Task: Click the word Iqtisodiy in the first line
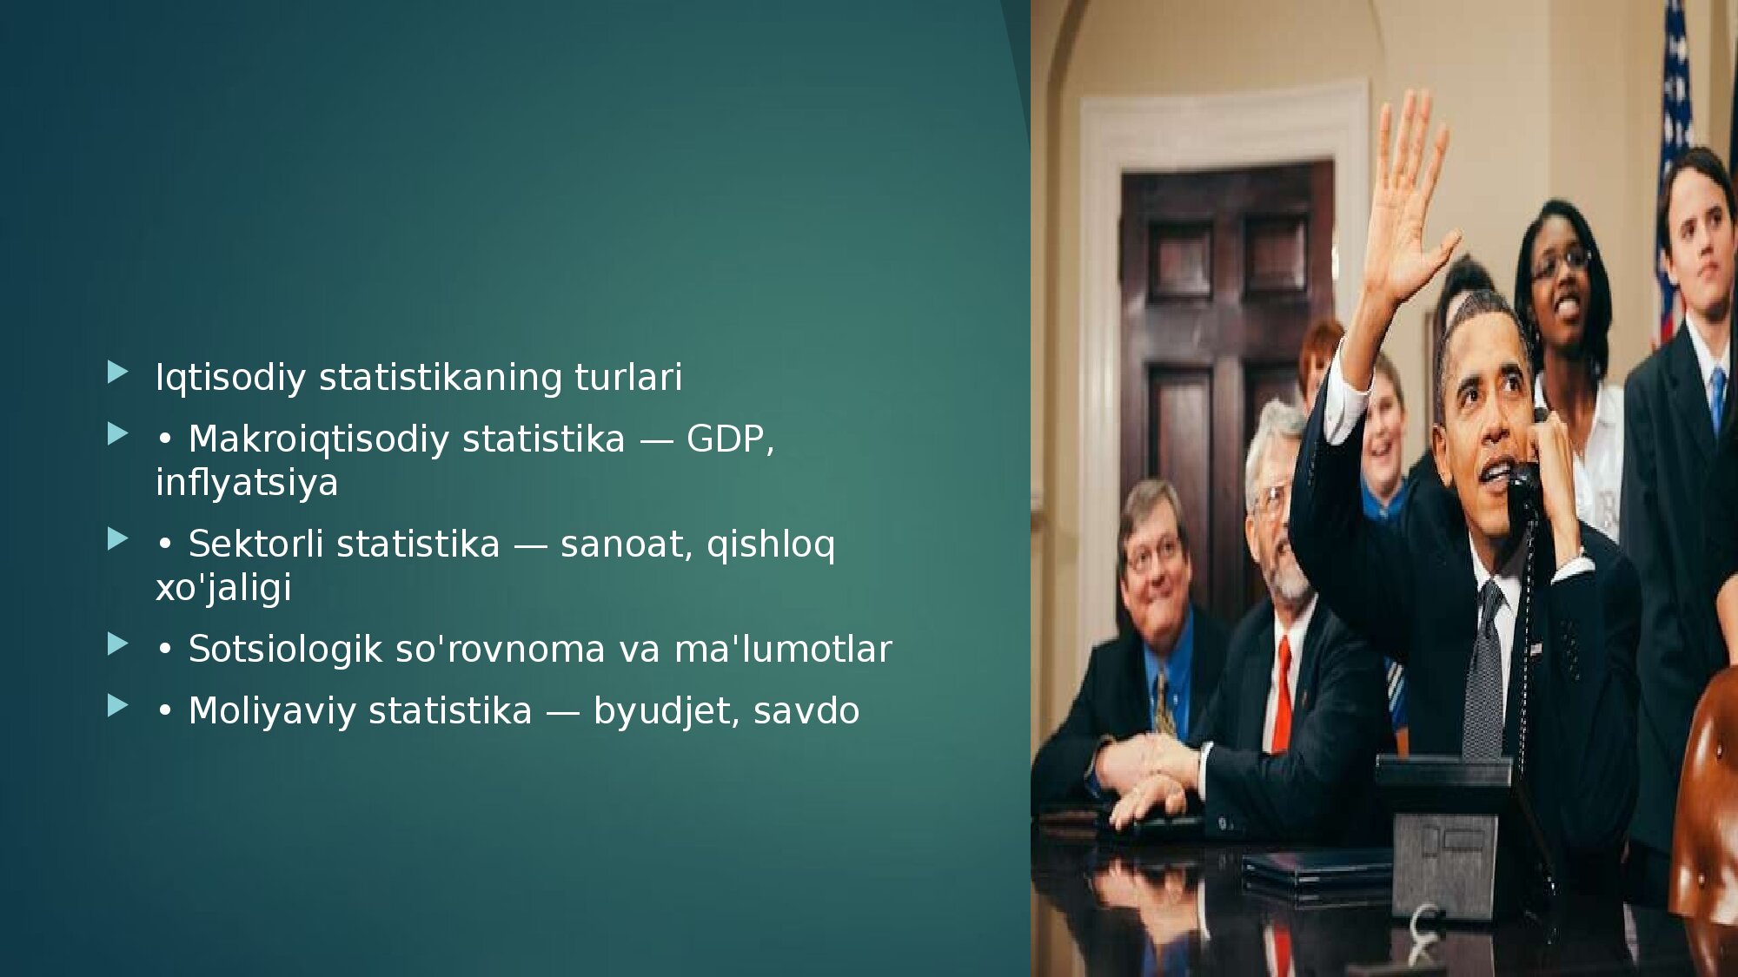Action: [230, 378]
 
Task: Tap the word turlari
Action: [628, 377]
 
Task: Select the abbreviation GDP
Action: [726, 439]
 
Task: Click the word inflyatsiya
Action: [247, 483]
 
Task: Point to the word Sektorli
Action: [256, 544]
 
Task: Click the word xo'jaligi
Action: [223, 588]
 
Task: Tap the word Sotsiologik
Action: [286, 650]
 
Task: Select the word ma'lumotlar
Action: [783, 649]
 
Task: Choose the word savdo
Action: [806, 710]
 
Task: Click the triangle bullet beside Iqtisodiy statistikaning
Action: [117, 373]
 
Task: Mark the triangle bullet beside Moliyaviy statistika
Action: [117, 705]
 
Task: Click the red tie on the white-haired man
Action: [1282, 695]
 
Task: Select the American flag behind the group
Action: [1675, 174]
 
